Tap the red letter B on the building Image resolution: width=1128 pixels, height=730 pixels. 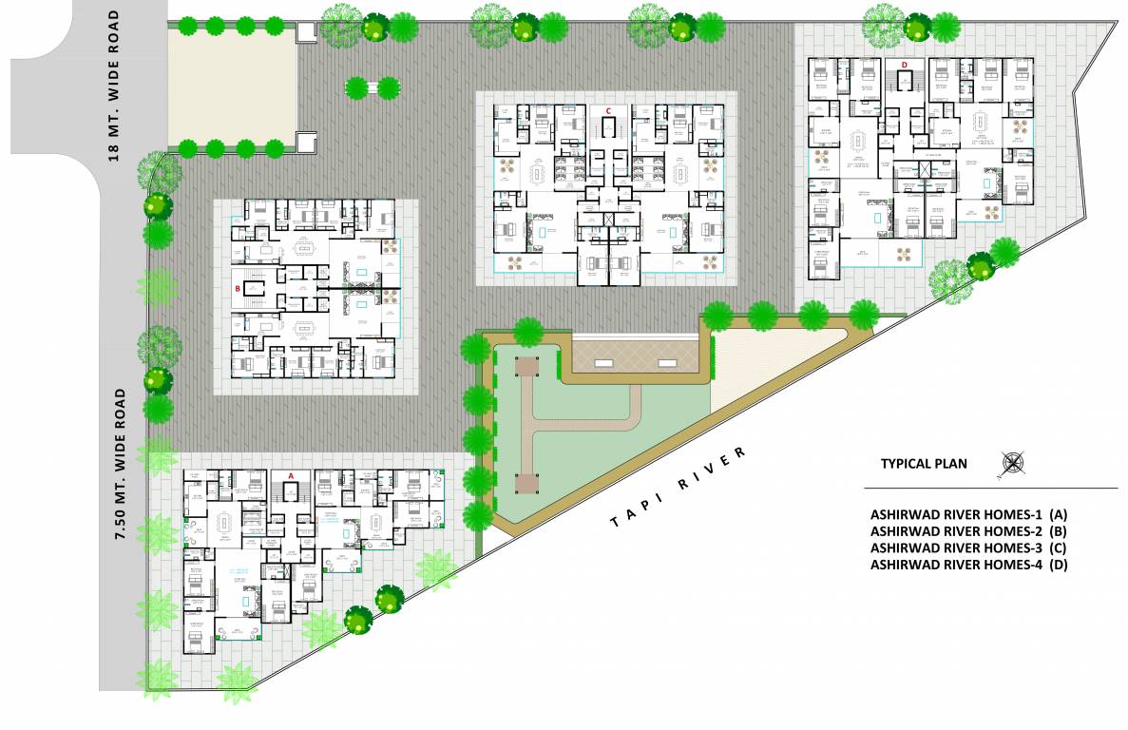pyautogui.click(x=239, y=286)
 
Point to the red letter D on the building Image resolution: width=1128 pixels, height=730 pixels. pyautogui.click(x=905, y=65)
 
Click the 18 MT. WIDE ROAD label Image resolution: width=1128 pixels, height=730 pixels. pyautogui.click(x=114, y=86)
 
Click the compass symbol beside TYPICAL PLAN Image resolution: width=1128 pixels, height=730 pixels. pyautogui.click(x=1013, y=464)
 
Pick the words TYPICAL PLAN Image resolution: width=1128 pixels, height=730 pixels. pyautogui.click(x=923, y=464)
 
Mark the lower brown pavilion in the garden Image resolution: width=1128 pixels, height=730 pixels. pyautogui.click(x=526, y=483)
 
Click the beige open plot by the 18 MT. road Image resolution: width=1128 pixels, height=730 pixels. pyautogui.click(x=233, y=84)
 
